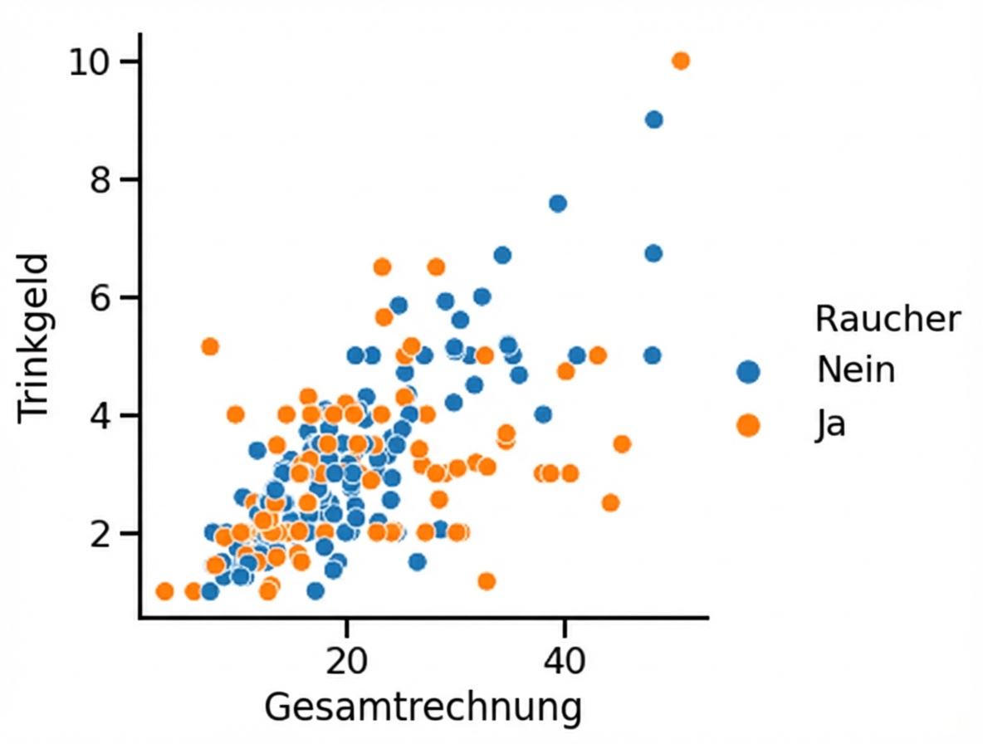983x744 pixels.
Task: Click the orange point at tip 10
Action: click(681, 61)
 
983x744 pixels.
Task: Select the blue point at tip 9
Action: click(653, 120)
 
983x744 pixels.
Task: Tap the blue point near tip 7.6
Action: click(558, 203)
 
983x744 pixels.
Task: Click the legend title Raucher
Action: click(888, 318)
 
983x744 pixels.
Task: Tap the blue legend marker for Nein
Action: click(748, 371)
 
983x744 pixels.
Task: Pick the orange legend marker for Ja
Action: click(748, 425)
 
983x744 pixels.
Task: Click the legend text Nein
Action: click(856, 370)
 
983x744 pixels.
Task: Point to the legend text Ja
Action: click(831, 425)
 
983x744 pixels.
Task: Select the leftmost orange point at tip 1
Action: click(164, 591)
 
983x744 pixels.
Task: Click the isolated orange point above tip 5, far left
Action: click(210, 346)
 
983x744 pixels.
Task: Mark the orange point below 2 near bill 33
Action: click(487, 581)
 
